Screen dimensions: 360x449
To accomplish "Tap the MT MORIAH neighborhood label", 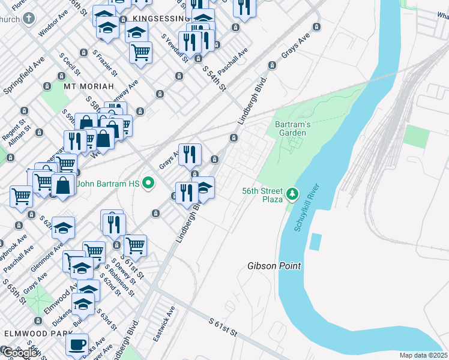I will [88, 86].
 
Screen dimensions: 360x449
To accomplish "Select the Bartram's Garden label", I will [292, 128].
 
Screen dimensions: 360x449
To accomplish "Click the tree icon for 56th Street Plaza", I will [292, 193].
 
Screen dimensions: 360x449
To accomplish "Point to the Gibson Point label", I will [274, 266].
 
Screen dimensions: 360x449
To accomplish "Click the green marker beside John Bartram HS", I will [151, 183].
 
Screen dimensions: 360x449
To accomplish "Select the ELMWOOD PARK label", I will [31, 332].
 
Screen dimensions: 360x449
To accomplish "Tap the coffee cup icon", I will [77, 345].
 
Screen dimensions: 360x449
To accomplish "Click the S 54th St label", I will [213, 78].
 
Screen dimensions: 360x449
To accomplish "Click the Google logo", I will [20, 353].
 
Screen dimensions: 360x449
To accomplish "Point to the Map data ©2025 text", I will [423, 355].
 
